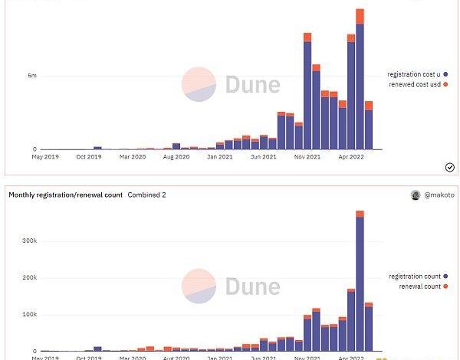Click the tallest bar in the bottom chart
360,283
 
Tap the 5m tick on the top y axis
32,76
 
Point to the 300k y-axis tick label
28,240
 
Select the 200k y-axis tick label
28,277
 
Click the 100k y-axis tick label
28,314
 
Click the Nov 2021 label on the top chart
307,156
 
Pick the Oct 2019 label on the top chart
89,156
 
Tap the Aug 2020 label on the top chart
176,156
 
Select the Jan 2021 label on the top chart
220,156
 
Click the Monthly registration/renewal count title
65,195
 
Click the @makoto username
439,195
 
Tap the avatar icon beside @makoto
416,195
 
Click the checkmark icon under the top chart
450,167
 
